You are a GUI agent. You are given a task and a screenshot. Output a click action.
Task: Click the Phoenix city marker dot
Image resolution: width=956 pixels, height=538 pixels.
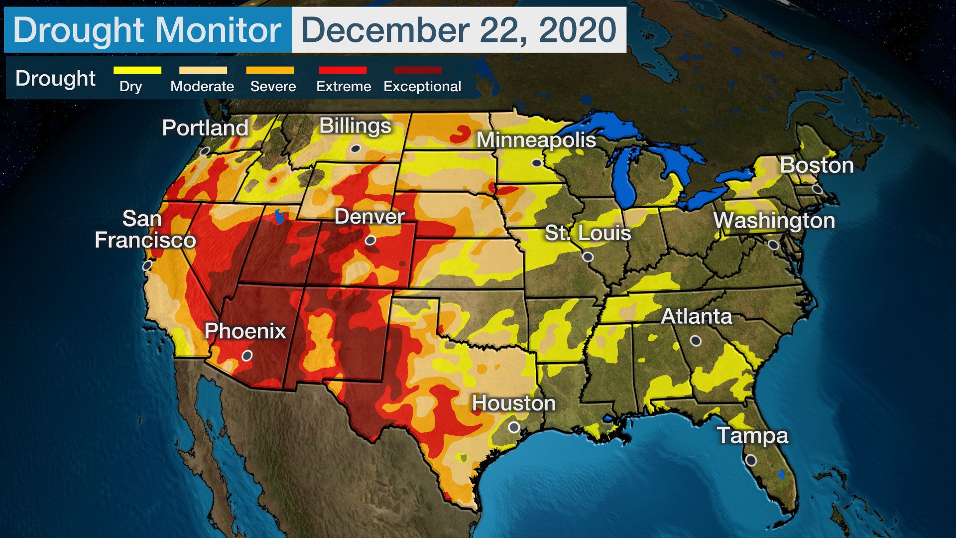tap(247, 356)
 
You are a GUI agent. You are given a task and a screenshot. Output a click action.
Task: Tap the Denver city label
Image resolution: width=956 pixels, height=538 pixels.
tap(369, 217)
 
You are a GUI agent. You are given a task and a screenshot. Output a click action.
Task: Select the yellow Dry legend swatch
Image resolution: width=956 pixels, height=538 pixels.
tap(137, 70)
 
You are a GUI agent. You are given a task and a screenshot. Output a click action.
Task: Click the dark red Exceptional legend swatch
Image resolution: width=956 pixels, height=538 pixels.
tap(417, 70)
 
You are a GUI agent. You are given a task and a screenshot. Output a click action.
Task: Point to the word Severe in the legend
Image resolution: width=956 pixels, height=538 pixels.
tap(273, 87)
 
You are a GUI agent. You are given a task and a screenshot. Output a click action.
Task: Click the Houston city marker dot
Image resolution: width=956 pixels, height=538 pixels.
tap(514, 427)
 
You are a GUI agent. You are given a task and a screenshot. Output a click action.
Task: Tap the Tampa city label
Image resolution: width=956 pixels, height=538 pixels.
tap(752, 435)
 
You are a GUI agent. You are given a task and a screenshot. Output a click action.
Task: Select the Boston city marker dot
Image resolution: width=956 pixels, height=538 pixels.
tap(817, 189)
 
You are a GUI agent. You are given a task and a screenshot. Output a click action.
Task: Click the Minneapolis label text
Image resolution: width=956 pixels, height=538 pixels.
tap(536, 140)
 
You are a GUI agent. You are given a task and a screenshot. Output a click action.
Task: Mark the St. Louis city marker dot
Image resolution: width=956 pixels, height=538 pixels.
tap(588, 257)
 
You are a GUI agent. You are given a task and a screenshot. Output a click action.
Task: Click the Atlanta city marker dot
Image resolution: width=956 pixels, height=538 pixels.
tap(696, 341)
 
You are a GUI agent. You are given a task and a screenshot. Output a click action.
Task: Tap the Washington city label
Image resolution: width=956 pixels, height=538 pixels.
tap(774, 221)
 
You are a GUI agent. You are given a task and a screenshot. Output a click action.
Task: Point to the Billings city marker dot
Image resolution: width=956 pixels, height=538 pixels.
tap(355, 149)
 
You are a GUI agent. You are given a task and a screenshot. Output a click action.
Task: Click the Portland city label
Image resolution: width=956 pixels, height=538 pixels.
tap(205, 128)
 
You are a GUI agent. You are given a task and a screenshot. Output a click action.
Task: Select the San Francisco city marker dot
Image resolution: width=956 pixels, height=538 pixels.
tap(147, 266)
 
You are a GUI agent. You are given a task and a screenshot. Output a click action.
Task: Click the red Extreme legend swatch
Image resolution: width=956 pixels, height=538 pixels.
tap(343, 70)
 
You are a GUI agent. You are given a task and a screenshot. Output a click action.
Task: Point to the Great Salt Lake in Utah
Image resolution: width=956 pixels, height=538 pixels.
tap(279, 217)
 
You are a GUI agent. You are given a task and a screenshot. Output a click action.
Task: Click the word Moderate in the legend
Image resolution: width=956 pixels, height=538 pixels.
tap(202, 87)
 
